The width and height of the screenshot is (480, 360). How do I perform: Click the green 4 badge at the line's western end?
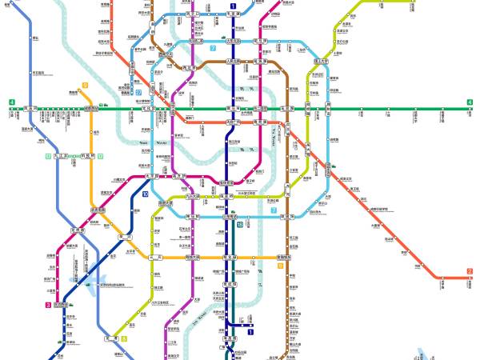12,102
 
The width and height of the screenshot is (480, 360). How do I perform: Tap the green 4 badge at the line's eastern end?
470,102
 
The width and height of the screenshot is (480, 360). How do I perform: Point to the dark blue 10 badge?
145,194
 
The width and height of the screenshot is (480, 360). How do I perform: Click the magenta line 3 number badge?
47,305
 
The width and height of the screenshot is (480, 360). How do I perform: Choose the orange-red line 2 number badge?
469,271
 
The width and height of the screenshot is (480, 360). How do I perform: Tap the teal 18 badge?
239,226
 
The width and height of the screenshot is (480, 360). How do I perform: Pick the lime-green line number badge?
123,338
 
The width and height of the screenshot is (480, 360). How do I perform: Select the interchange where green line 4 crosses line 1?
234,109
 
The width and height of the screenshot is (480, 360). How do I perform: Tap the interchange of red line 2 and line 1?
234,122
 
